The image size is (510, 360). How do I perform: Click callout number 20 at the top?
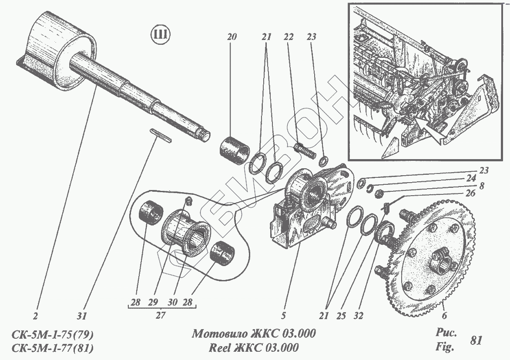232,37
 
